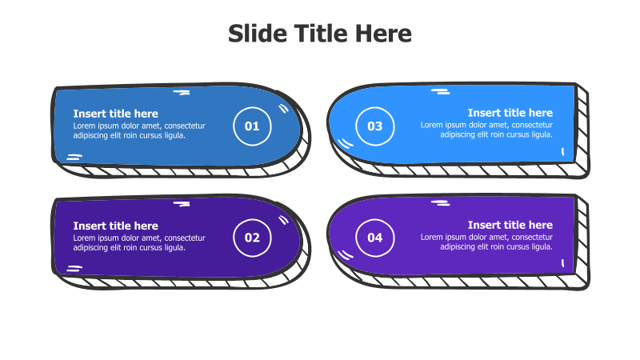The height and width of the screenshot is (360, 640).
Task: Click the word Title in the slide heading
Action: pos(321,34)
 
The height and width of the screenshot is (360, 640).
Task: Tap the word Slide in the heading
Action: pos(258,34)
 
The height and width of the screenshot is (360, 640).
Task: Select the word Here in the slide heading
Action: pos(383,34)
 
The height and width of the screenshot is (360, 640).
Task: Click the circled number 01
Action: pos(252,126)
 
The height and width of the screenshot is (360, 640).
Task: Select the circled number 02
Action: pos(252,238)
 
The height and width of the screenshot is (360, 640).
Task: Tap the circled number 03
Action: pos(374,126)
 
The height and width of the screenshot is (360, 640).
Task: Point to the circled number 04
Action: pos(374,238)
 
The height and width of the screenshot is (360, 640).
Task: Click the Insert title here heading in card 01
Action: pos(115,114)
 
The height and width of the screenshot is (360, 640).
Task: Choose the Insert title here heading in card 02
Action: pos(115,226)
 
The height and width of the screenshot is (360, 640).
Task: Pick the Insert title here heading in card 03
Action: pos(510,113)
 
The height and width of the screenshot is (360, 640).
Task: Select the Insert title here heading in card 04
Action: pos(510,225)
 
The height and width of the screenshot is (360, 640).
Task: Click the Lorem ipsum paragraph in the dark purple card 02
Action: pos(139,243)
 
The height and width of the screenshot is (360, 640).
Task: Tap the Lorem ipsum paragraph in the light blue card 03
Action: pos(486,130)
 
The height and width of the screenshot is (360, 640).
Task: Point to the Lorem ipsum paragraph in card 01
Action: pos(139,130)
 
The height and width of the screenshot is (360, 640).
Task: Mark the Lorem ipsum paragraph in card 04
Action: pos(486,242)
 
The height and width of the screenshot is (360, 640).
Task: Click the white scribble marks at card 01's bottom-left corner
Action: pos(74,157)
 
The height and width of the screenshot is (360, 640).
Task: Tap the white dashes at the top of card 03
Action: pos(441,91)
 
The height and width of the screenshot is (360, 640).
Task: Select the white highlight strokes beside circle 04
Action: pos(346,254)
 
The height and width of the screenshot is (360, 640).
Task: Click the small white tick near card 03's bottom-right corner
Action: pos(563,151)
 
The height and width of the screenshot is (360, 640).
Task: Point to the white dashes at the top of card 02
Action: pos(182,204)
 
